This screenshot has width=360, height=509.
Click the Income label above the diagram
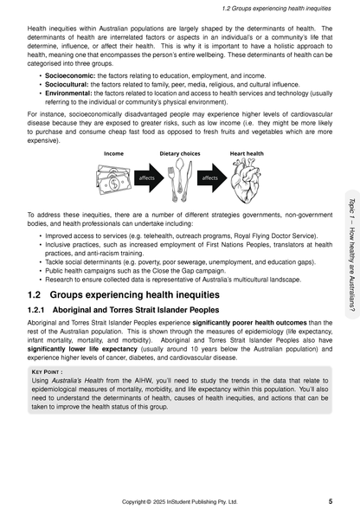pyautogui.click(x=114, y=152)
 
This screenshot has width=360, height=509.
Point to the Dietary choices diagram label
pyautogui.click(x=181, y=152)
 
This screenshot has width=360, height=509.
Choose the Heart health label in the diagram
pyautogui.click(x=247, y=152)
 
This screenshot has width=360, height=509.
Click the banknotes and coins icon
pyautogui.click(x=113, y=179)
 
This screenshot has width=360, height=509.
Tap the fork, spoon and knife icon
pyautogui.click(x=181, y=178)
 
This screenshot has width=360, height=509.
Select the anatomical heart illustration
pyautogui.click(x=247, y=179)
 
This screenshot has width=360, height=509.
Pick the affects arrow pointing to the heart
pyautogui.click(x=211, y=177)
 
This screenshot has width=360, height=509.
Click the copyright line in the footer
pyautogui.click(x=179, y=499)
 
